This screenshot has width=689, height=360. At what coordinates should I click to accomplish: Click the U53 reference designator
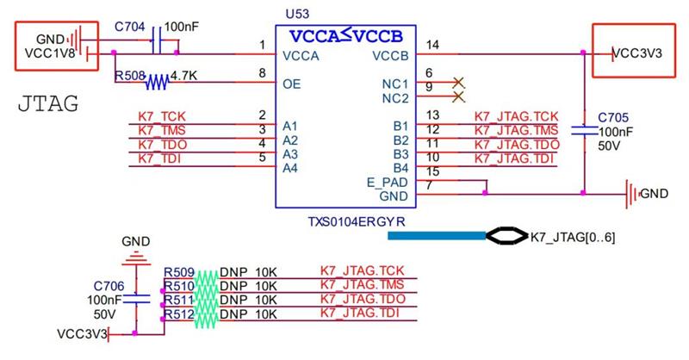[297, 14]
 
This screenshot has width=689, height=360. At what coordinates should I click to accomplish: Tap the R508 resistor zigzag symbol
[157, 82]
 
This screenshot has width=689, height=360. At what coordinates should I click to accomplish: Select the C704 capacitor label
[130, 27]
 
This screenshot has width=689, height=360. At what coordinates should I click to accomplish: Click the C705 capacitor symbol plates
[585, 130]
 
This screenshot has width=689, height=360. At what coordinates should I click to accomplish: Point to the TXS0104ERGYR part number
[357, 221]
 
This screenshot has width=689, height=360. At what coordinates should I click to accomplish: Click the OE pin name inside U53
[292, 84]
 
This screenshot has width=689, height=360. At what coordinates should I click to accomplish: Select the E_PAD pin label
[387, 183]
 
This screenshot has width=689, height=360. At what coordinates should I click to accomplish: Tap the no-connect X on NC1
[458, 82]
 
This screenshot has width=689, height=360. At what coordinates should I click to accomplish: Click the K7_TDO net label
[163, 145]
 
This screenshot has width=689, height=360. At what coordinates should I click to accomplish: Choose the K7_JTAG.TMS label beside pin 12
[516, 131]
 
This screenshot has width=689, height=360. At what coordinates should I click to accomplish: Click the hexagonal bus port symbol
[506, 236]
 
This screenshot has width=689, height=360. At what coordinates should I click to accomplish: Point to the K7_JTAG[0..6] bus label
[573, 238]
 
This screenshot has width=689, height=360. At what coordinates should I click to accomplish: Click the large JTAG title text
[48, 104]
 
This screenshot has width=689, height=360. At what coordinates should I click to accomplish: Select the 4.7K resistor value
[183, 76]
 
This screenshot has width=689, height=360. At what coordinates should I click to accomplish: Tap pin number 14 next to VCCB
[432, 45]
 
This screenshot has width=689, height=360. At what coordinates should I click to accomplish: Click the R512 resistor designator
[179, 314]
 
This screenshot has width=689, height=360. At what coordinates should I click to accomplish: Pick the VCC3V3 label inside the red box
[636, 53]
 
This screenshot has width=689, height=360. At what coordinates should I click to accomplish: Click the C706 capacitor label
[109, 286]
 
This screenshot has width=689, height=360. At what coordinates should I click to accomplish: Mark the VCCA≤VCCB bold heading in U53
[346, 36]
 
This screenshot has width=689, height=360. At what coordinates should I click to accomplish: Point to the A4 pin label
[290, 168]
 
